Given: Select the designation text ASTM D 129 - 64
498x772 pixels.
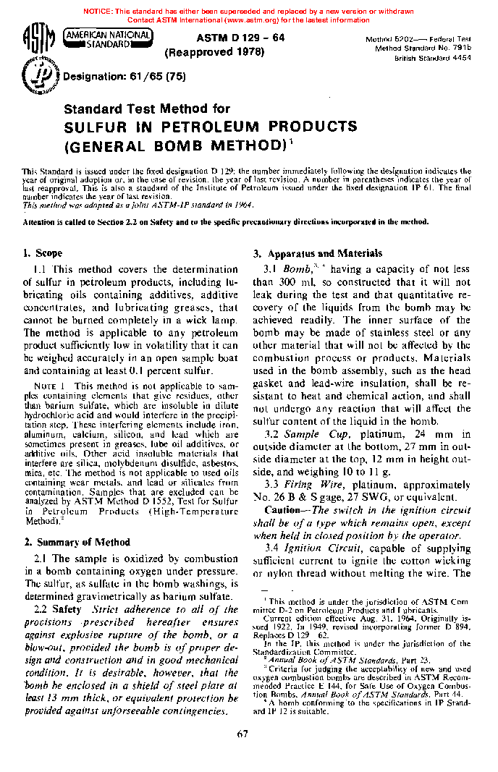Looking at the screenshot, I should (x=240, y=38).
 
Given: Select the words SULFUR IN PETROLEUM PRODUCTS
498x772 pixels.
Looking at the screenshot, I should (x=211, y=127).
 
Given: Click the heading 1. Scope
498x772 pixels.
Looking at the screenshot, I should (x=43, y=254).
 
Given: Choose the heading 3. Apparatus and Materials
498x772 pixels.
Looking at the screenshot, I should (x=317, y=254).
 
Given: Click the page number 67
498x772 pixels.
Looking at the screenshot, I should (x=243, y=736).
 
